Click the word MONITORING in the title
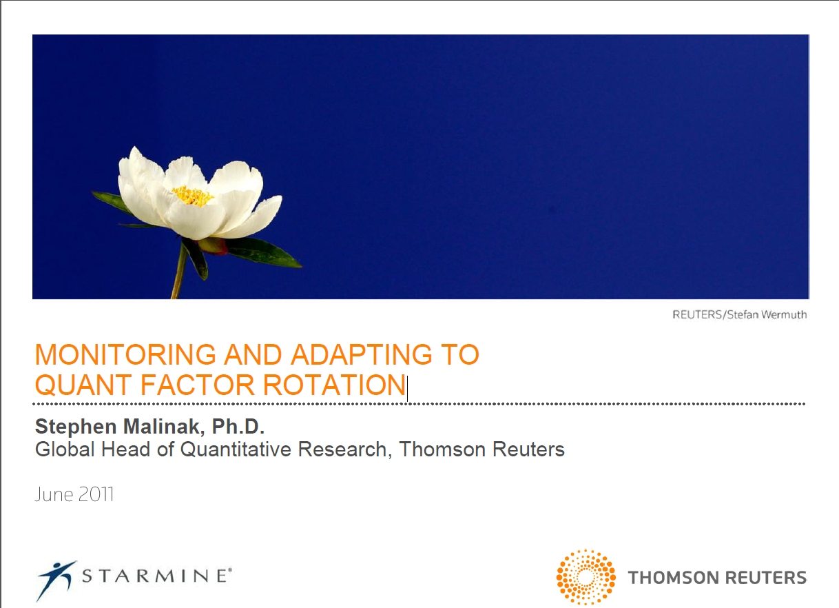[125, 354]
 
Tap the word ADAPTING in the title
[362, 354]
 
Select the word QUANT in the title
[83, 385]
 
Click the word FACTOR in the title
[197, 385]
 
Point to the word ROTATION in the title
[335, 385]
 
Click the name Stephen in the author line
[76, 427]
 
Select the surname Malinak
[164, 427]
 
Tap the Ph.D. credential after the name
[238, 427]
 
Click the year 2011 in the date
[96, 494]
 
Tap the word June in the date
[54, 494]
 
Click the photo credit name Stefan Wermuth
[767, 314]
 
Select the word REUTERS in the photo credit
[697, 314]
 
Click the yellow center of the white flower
[192, 196]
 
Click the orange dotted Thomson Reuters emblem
[586, 577]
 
